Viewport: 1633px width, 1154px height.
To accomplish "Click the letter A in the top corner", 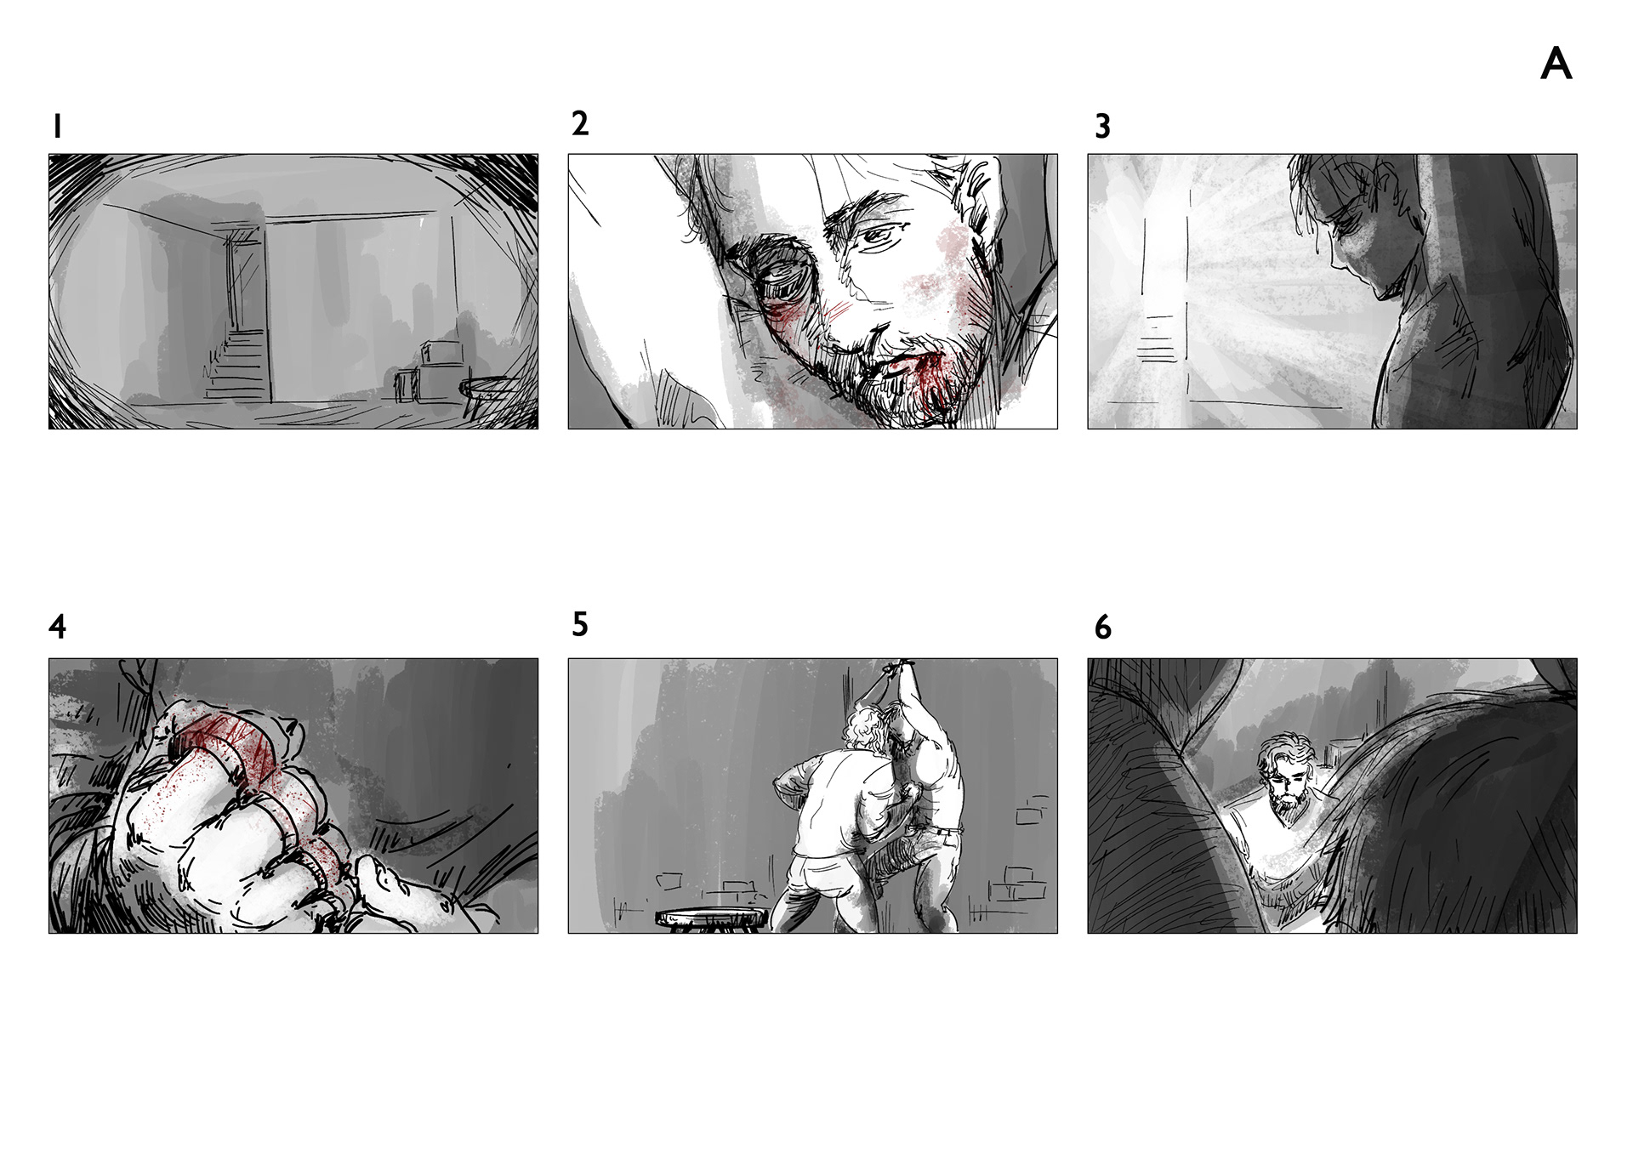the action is pyautogui.click(x=1556, y=64).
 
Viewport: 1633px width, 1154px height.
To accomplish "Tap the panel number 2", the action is pyautogui.click(x=580, y=123).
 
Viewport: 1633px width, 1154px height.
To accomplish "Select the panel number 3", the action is pyautogui.click(x=1102, y=127).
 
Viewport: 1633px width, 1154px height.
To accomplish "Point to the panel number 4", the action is pyautogui.click(x=57, y=627).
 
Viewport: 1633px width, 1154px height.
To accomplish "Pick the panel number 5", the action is pyautogui.click(x=580, y=624).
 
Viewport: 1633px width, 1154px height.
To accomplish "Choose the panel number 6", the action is pyautogui.click(x=1102, y=628).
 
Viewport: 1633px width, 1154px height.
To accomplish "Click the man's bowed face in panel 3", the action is pyautogui.click(x=1336, y=234).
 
